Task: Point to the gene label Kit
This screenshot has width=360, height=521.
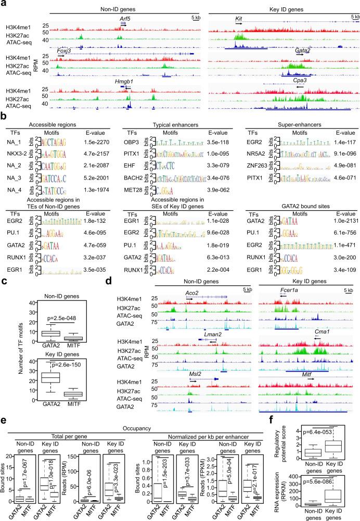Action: [x=239, y=18]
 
